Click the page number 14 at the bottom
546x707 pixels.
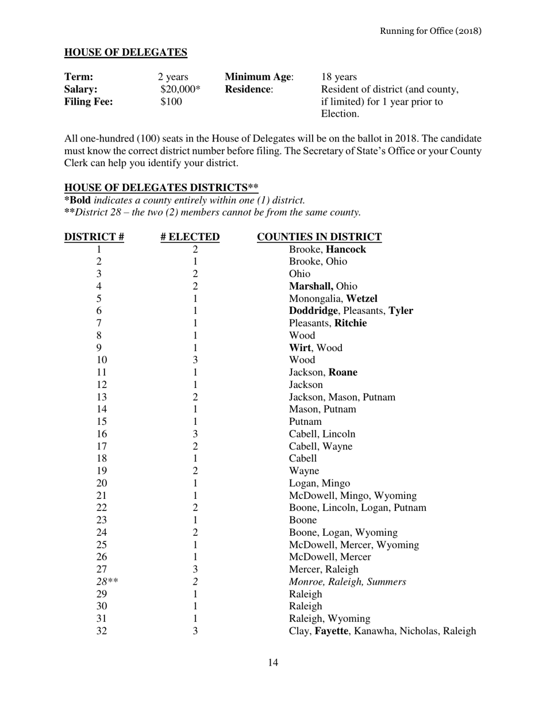coord(273,663)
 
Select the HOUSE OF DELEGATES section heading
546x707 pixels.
coord(125,53)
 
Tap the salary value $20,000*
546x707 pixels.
coord(180,90)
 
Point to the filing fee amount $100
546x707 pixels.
coord(171,102)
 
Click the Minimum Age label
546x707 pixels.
coord(259,77)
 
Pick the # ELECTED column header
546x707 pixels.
coord(190,237)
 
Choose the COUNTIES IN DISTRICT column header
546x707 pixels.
coord(319,237)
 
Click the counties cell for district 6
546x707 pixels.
coord(351,311)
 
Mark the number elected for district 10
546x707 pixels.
coord(195,360)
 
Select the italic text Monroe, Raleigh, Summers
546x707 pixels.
coord(347,582)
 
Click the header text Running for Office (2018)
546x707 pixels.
coord(430,30)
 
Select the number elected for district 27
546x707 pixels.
coord(195,570)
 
